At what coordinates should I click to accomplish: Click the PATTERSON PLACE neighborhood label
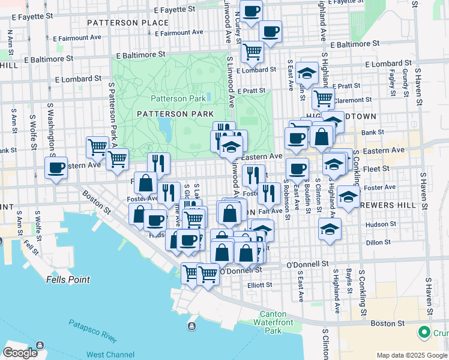[127, 23]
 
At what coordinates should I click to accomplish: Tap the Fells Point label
[68, 280]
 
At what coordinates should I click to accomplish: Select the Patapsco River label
[92, 341]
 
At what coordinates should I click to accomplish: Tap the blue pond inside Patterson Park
[163, 126]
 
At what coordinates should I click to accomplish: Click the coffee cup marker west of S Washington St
[56, 168]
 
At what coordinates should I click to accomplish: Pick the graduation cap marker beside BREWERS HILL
[348, 197]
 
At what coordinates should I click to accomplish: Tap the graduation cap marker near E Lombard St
[307, 74]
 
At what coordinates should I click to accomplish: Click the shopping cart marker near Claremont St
[324, 97]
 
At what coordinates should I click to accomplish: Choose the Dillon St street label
[378, 242]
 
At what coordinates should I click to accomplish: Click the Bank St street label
[372, 132]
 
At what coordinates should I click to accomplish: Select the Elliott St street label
[259, 285]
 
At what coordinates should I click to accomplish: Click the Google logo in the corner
[20, 353]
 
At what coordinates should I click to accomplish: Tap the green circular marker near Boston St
[424, 332]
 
